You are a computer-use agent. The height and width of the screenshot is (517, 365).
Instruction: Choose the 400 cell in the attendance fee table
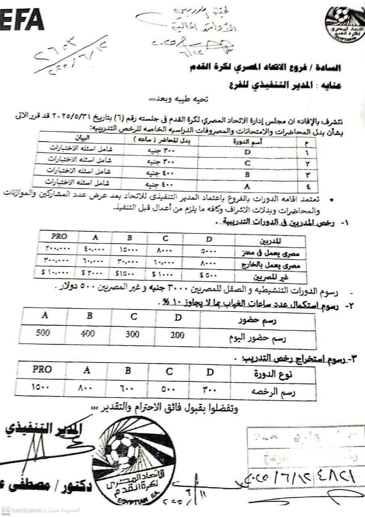click(89, 334)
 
